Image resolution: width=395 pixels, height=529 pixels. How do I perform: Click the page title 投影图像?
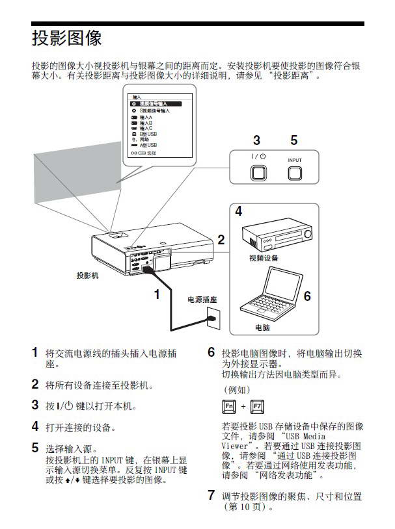click(x=66, y=38)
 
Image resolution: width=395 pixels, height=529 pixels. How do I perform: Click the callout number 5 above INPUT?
click(x=294, y=140)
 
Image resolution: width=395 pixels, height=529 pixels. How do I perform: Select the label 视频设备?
click(x=263, y=258)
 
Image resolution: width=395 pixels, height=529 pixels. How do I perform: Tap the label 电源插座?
click(x=202, y=300)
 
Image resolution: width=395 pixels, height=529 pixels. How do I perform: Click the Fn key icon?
click(x=229, y=407)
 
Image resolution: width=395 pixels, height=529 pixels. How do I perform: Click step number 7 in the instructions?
click(x=211, y=495)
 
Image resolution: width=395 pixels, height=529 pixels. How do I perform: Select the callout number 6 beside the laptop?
click(x=307, y=296)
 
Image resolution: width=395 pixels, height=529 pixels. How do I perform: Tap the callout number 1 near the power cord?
click(x=156, y=294)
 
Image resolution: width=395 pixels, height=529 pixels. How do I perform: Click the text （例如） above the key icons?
click(x=236, y=390)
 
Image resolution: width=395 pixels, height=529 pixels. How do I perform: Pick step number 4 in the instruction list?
click(x=35, y=427)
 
